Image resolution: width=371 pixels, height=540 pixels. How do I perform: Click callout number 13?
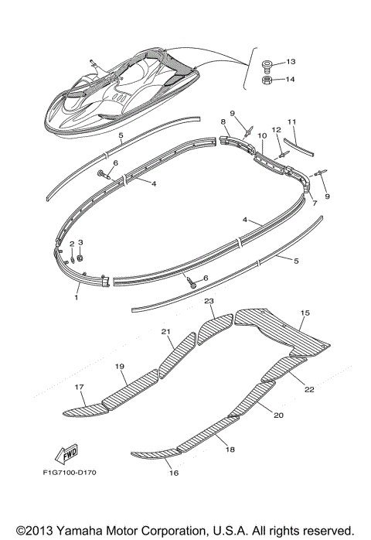pos(291,61)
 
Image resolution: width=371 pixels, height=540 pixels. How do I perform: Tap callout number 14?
pos(291,78)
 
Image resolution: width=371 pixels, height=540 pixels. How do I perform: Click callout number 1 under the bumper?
pos(77,296)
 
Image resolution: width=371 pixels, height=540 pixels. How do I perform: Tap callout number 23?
pos(209,300)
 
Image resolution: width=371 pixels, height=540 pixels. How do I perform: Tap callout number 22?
pos(308,389)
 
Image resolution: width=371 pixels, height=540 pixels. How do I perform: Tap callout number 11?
pos(292,122)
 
